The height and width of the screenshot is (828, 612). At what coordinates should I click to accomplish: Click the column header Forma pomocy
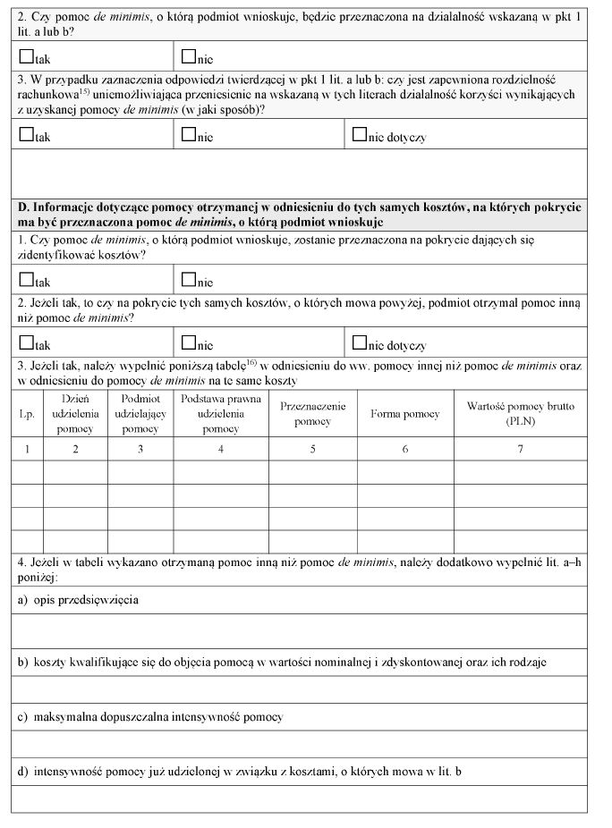[405, 414]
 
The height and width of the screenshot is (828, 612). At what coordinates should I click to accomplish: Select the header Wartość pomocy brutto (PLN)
[521, 414]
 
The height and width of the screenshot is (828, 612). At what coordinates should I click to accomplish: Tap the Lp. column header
[27, 414]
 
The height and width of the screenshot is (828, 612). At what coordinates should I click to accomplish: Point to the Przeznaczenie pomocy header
[313, 414]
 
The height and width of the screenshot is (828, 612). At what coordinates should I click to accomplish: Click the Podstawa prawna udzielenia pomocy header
[220, 414]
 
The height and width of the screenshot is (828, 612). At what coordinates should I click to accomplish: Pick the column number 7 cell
[521, 449]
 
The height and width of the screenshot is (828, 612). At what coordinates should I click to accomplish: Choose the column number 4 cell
[220, 449]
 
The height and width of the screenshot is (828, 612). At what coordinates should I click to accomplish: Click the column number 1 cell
[27, 449]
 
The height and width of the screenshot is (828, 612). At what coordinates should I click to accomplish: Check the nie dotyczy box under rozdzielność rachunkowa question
[360, 135]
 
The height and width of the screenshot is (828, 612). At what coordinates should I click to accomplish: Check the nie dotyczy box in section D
[360, 342]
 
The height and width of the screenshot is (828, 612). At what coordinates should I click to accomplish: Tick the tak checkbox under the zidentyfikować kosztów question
[26, 281]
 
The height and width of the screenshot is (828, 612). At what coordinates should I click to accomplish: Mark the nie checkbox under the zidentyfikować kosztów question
[188, 281]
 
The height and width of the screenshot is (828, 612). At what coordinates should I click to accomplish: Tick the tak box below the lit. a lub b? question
[26, 57]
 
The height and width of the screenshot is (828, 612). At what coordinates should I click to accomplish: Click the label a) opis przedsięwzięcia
[78, 600]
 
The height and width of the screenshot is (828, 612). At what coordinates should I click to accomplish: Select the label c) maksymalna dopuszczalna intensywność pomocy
[150, 717]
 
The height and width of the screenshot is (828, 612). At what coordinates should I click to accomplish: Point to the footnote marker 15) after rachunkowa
[82, 90]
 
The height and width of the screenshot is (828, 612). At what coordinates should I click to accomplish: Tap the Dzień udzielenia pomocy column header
[75, 414]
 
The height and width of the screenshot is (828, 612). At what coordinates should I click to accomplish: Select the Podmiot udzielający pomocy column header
[140, 414]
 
